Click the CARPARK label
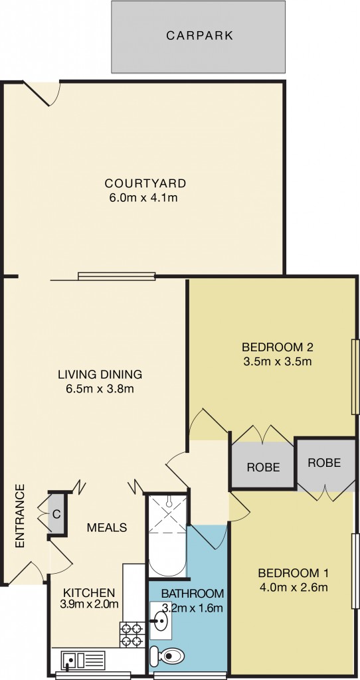click(x=199, y=36)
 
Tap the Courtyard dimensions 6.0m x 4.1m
click(x=145, y=197)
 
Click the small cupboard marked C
click(x=57, y=513)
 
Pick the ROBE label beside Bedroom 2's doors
click(x=263, y=467)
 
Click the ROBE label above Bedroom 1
click(x=324, y=463)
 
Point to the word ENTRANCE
click(x=19, y=516)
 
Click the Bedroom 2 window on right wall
click(x=355, y=377)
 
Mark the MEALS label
click(x=107, y=528)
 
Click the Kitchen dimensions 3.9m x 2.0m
click(x=90, y=604)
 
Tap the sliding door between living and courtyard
click(x=116, y=276)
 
